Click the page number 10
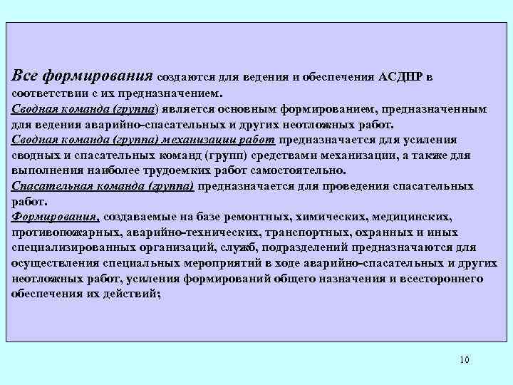pyautogui.click(x=465, y=359)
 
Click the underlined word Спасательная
pyautogui.click(x=50, y=186)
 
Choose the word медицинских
pyautogui.click(x=411, y=217)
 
